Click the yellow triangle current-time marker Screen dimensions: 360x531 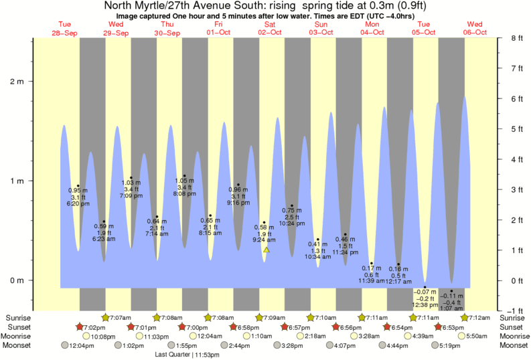(267, 250)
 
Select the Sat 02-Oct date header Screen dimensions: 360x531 (270, 29)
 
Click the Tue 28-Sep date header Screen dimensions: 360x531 (65, 29)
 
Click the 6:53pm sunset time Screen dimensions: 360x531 (454, 327)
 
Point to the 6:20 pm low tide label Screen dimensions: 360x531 (78, 203)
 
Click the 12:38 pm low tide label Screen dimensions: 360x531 (425, 304)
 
